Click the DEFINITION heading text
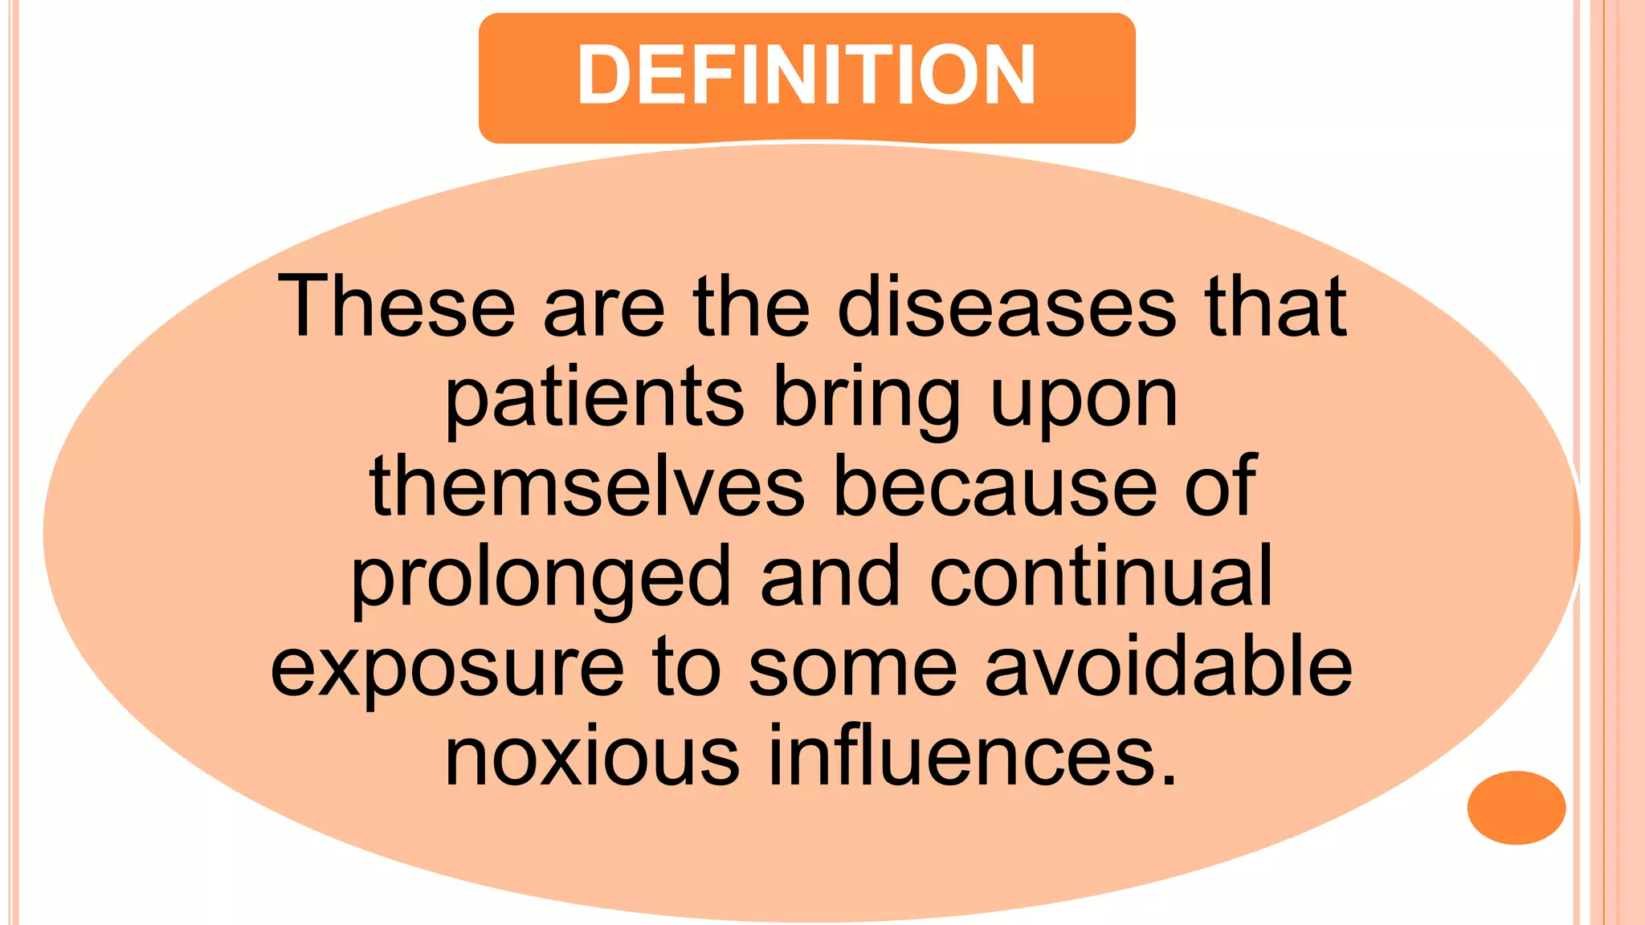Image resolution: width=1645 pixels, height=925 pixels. pos(806,75)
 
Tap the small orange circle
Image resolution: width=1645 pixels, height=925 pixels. pos(1516,807)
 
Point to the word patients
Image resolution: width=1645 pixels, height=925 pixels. pos(594,398)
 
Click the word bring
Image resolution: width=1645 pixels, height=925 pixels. pos(866,398)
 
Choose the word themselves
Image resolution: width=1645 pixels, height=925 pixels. pos(587,487)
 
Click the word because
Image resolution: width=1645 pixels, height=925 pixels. pos(995,487)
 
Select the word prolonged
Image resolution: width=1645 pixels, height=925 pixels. pos(541,578)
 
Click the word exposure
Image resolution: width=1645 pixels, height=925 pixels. pos(447,669)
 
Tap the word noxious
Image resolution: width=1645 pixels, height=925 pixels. pos(592,756)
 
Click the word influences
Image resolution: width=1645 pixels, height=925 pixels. pos(974,756)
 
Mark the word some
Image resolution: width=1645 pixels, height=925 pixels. pos(853,669)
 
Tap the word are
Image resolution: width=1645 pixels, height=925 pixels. pos(604,308)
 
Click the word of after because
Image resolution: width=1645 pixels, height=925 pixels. pos(1220,487)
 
